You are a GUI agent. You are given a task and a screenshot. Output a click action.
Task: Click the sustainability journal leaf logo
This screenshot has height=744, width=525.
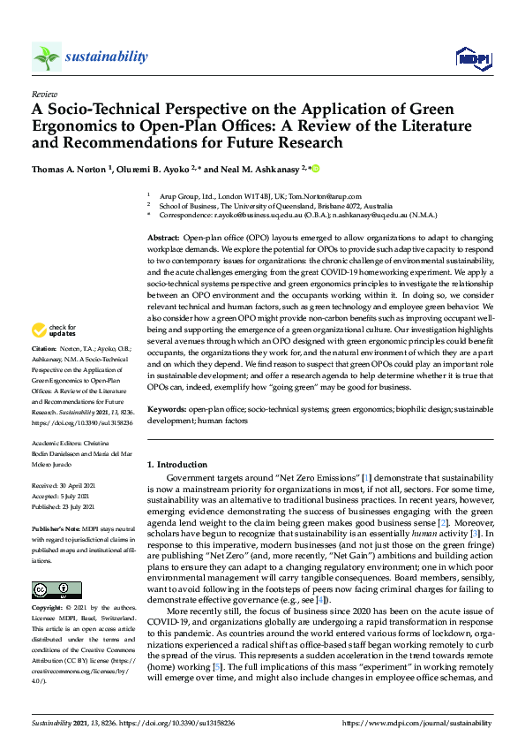46,57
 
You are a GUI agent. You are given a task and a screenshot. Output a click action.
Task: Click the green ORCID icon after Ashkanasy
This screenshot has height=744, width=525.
316,167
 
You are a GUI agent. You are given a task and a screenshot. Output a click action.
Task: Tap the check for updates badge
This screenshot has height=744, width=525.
50,330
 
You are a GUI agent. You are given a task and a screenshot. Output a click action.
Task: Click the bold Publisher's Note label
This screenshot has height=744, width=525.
56,520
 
